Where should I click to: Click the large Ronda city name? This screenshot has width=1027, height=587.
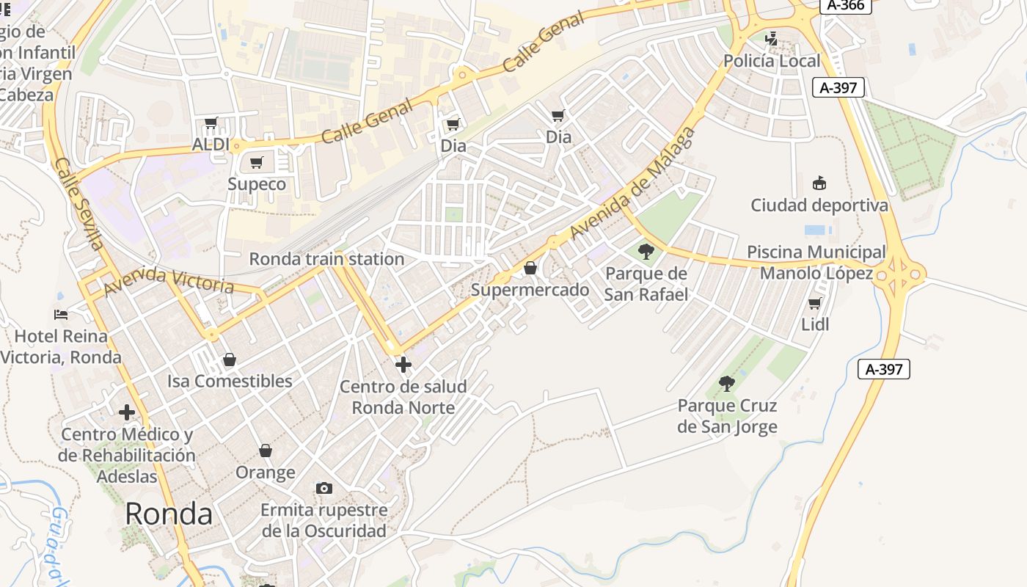coord(169,514)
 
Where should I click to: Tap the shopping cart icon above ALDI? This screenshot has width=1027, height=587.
coord(211,123)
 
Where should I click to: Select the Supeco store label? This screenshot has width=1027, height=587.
coord(257,183)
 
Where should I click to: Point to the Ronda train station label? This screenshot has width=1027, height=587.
coord(326,259)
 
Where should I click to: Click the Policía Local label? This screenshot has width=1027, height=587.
coord(772,61)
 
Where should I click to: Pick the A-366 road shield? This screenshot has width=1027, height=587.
coord(845,5)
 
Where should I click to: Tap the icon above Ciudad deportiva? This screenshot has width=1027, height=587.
coord(819,183)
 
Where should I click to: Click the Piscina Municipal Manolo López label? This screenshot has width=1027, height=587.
coord(816,263)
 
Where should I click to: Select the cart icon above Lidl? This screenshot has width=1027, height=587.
coord(814,303)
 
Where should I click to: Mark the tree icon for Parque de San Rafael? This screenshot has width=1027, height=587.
coord(646,252)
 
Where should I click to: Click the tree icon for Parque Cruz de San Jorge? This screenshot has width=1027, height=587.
coord(727,383)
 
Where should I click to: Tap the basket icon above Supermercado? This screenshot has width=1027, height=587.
coord(530,269)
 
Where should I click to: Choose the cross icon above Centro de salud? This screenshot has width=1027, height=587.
coord(403,364)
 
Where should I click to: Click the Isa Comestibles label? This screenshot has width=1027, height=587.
coord(230,381)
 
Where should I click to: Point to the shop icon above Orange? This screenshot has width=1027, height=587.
coord(266,451)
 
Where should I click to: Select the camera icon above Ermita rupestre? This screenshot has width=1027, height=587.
coord(324,488)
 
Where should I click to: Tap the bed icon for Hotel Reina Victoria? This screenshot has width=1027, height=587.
coord(62,315)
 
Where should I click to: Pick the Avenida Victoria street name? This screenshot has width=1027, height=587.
coord(169,281)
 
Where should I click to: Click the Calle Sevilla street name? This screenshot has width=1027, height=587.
coord(78,204)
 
